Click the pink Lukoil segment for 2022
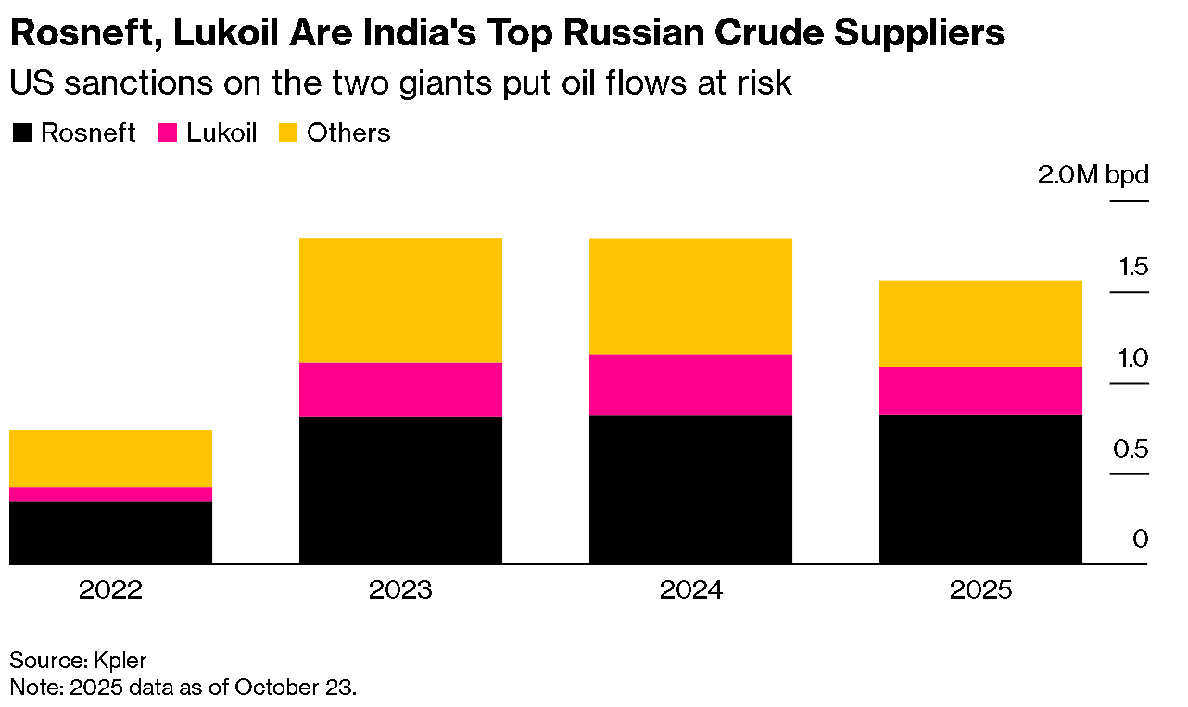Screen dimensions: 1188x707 point(111,494)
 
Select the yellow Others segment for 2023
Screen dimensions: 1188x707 point(400,301)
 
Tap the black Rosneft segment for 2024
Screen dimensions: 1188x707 point(690,489)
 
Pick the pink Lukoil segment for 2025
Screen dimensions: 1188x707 point(980,391)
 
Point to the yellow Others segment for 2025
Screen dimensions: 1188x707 point(980,323)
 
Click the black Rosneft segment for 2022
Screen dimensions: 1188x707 point(111,533)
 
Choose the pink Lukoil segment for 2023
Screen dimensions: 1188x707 point(400,390)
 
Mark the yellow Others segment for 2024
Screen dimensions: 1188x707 point(690,297)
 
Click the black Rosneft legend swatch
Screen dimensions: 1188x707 point(21,133)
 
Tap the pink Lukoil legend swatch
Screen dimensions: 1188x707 point(168,133)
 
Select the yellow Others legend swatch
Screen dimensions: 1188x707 point(288,133)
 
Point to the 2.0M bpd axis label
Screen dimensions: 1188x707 point(1093,175)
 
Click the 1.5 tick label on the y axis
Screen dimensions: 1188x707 point(1133,267)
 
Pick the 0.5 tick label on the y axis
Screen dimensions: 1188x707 point(1131,449)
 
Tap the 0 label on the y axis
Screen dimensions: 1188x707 point(1140,539)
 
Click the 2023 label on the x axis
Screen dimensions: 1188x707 point(400,590)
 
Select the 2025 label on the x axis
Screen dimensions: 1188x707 point(980,590)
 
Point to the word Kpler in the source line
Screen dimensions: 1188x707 point(120,661)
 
